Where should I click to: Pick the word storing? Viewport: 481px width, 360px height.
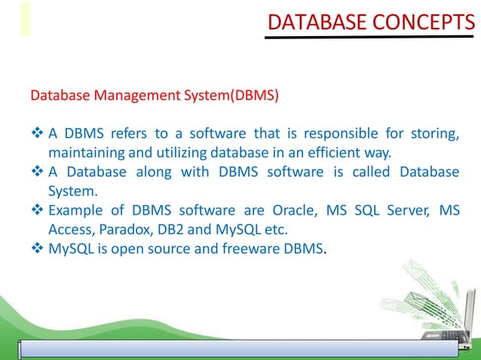pos(434,134)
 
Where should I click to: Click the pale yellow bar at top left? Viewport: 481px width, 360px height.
pos(26,19)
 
